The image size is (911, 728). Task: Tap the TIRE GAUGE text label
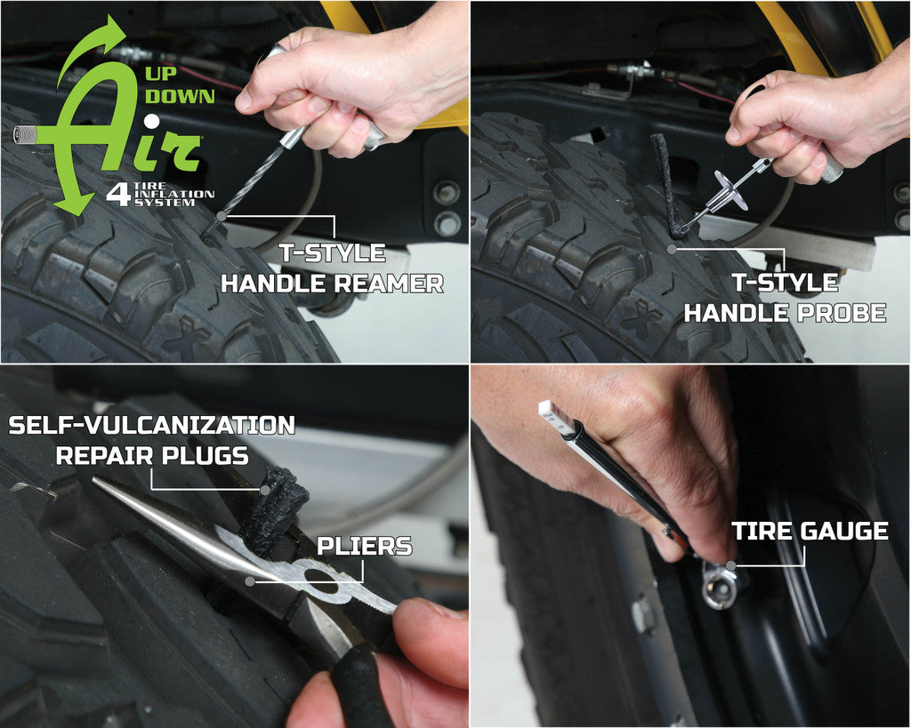point(810,532)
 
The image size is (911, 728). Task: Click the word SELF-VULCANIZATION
point(151,426)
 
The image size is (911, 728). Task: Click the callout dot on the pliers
point(251,580)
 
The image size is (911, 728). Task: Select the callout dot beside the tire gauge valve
point(730,564)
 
